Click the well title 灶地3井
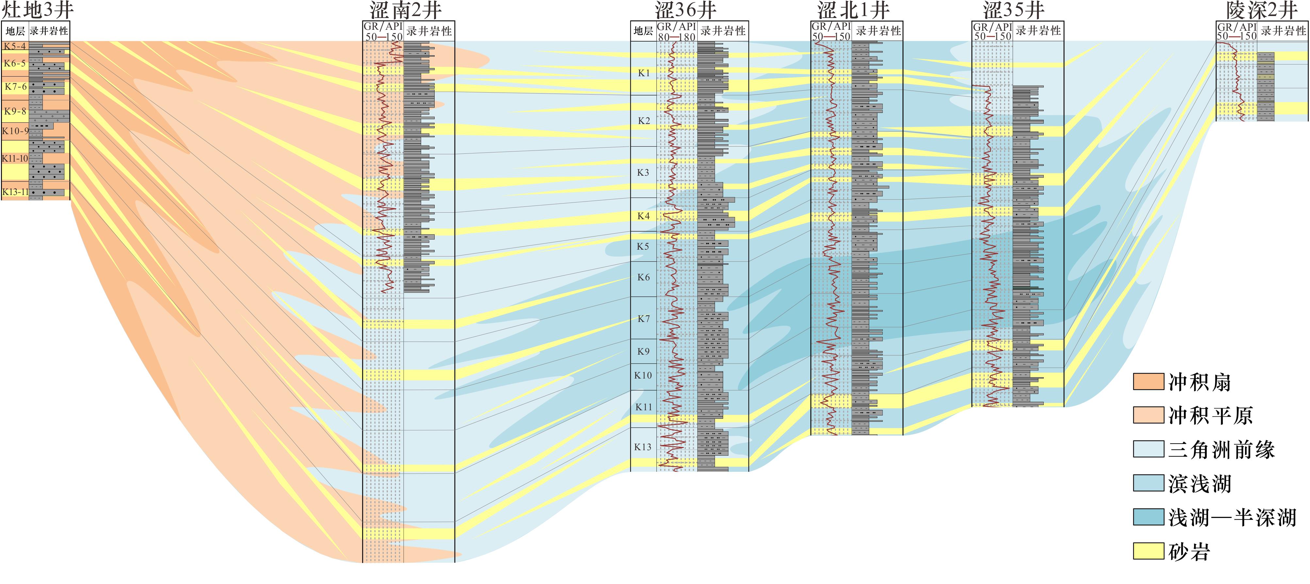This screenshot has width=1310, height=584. (38, 10)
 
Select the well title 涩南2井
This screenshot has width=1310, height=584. (405, 10)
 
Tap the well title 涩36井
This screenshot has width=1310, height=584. (686, 10)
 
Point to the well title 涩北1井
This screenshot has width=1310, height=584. (853, 10)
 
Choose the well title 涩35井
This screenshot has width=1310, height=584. (1014, 10)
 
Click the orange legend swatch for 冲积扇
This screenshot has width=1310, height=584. (1148, 382)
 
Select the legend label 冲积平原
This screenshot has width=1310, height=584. (1210, 416)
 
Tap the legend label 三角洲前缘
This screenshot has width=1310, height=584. (1221, 450)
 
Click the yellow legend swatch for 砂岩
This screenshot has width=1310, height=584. (1148, 551)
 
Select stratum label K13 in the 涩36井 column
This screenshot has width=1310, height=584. (643, 447)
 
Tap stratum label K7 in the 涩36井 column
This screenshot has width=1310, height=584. (644, 319)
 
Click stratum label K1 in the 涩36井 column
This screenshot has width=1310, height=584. (644, 73)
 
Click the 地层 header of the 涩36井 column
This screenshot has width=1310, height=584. (643, 31)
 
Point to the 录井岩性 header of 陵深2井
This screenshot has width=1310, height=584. (1284, 31)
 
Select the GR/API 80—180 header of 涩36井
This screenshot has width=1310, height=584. (676, 31)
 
